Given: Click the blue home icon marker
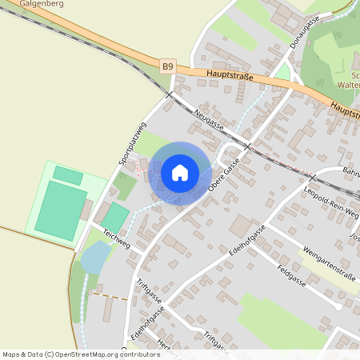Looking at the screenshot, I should [x=180, y=172].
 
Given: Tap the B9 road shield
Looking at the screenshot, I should [x=167, y=67].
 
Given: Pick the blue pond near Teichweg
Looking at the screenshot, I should [x=94, y=258].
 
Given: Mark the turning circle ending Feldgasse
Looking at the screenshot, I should [x=340, y=306].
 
